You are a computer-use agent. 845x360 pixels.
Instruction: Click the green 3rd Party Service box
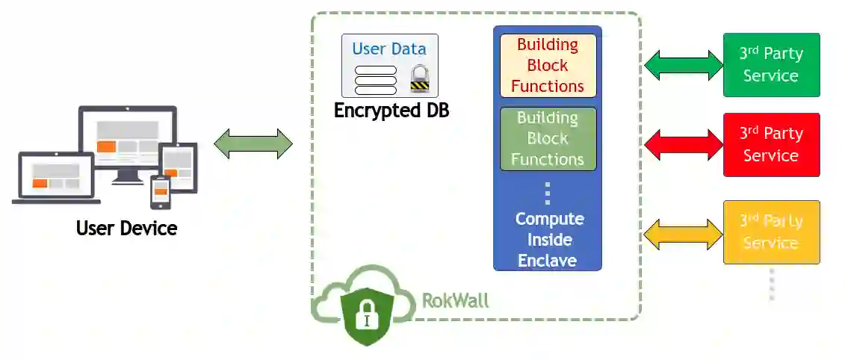click(771, 65)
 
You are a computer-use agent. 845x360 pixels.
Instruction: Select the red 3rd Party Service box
click(771, 144)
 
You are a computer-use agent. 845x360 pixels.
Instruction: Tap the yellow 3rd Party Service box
click(771, 232)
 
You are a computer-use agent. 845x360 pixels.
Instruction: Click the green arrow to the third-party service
click(684, 65)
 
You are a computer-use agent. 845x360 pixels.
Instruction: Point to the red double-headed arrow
click(684, 144)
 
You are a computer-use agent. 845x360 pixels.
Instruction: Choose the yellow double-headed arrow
click(684, 235)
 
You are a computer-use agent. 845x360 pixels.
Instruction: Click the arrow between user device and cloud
click(253, 144)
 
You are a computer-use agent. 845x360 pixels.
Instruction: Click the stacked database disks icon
click(376, 81)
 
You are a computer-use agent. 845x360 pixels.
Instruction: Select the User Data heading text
click(389, 49)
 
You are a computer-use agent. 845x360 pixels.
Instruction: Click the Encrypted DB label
click(391, 111)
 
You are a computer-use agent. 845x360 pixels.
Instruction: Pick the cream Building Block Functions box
click(548, 66)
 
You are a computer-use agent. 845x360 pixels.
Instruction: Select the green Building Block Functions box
click(548, 139)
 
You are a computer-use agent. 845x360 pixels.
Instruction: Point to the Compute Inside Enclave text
click(550, 240)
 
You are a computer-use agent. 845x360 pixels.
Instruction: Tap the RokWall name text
click(455, 300)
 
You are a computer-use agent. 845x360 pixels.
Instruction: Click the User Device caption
click(127, 229)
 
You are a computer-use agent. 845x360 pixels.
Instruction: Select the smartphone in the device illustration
click(160, 192)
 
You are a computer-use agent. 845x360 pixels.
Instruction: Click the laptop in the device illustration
click(56, 179)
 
